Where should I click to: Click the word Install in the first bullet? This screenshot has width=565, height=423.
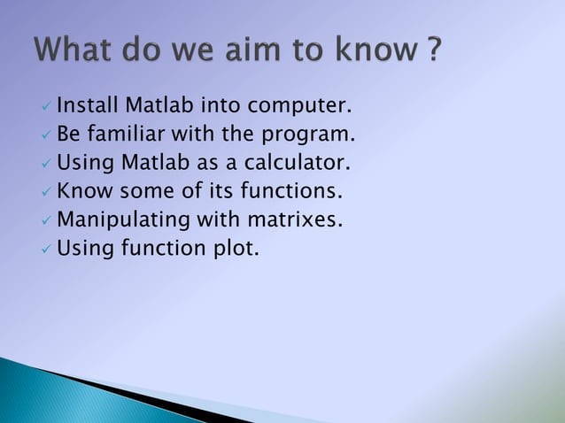click(x=86, y=108)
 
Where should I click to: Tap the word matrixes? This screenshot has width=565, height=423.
click(x=294, y=220)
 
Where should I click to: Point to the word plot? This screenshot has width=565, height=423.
click(x=235, y=249)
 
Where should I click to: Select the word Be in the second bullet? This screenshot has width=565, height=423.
click(x=68, y=136)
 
